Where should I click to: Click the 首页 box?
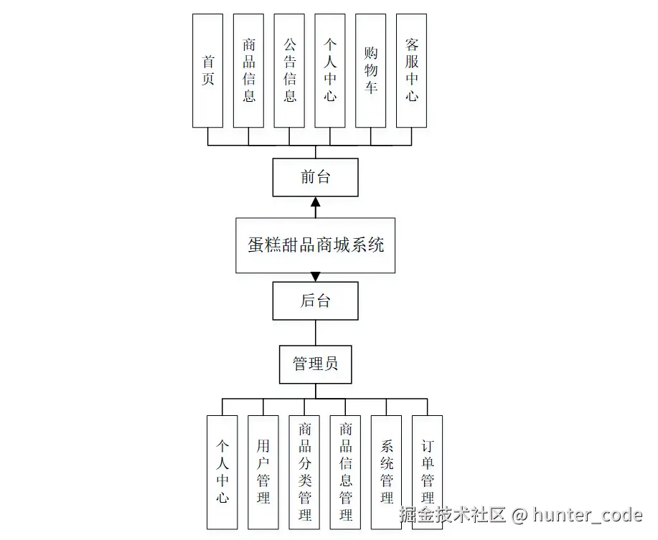207,70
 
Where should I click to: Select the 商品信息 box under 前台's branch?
248,70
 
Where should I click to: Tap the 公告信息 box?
289,70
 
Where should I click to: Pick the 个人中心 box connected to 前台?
330,70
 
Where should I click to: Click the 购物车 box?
371,70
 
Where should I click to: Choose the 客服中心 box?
411,70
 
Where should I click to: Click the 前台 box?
315,177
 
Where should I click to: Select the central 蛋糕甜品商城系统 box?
315,245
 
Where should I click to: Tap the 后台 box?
315,300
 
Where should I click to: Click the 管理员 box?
315,364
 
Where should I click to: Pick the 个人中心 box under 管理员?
222,471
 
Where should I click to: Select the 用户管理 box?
263,471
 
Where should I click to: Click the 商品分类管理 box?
304,471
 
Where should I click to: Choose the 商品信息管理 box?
345,471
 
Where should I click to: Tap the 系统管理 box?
386,471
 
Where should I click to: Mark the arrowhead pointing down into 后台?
315,277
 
